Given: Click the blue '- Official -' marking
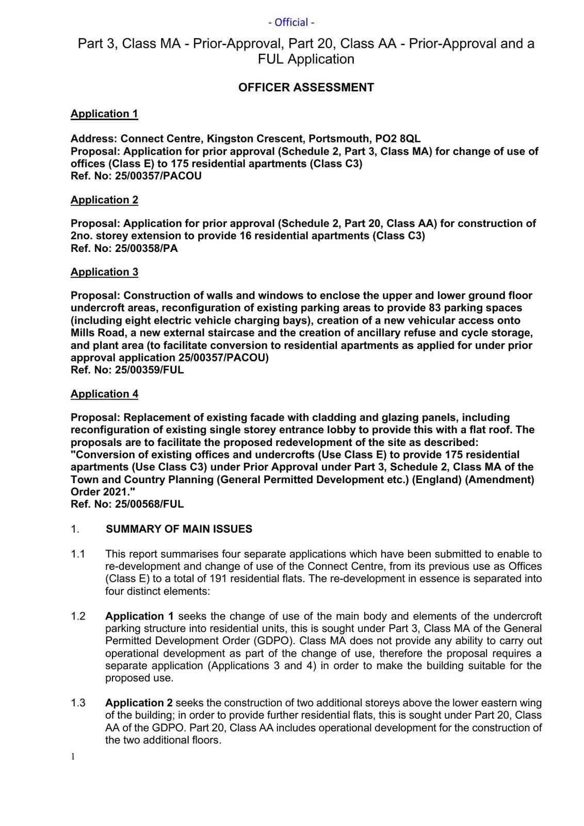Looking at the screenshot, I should (x=291, y=22).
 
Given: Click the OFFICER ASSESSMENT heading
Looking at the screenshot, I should (x=306, y=88).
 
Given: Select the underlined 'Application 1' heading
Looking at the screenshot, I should (x=104, y=114).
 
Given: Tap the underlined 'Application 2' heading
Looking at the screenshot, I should (x=104, y=200).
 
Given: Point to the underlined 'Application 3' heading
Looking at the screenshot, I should (x=104, y=272).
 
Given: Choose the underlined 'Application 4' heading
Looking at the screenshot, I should (x=104, y=394).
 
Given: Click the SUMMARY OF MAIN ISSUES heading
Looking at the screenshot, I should (x=179, y=529).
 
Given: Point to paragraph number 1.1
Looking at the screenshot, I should (x=78, y=554).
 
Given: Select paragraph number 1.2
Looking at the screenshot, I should (x=78, y=616).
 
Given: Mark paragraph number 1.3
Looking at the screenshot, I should (x=78, y=703).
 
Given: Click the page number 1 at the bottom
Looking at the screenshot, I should (x=73, y=757).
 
